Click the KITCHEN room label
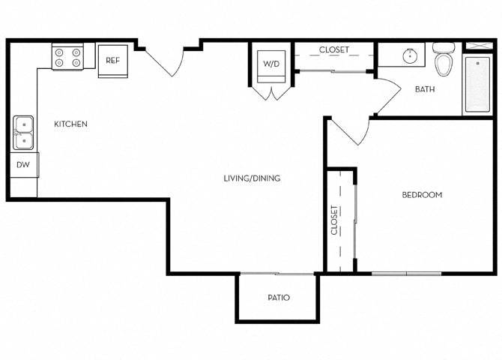[x=70, y=124]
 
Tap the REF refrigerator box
[x=112, y=61]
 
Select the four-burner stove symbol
[x=67, y=57]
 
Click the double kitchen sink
[x=23, y=133]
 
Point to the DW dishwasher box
[x=22, y=164]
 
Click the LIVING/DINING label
[x=252, y=178]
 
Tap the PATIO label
[x=279, y=298]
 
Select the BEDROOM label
[x=422, y=195]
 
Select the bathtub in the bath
[x=477, y=83]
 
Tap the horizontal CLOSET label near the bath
[x=333, y=50]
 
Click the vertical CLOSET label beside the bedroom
[x=334, y=220]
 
